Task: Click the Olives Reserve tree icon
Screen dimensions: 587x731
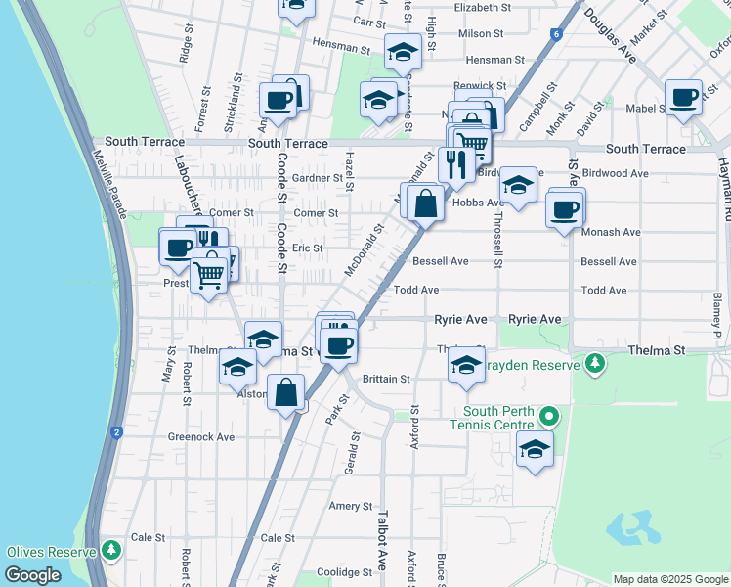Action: [x=111, y=551]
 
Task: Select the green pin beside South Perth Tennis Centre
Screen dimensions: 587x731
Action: [x=549, y=418]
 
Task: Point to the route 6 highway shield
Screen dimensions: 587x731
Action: [x=555, y=34]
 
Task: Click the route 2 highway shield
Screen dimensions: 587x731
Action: [x=116, y=431]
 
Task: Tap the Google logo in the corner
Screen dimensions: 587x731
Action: [x=32, y=575]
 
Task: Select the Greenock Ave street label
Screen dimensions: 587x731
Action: [x=201, y=437]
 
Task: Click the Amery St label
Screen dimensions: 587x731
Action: [x=351, y=506]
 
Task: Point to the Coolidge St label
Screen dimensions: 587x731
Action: [x=339, y=572]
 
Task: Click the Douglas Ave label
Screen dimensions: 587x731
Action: [x=610, y=39]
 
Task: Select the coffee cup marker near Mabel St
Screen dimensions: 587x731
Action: [x=683, y=98]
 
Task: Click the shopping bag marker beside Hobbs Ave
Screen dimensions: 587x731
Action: [x=425, y=204]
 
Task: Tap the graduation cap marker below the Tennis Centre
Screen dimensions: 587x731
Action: [x=534, y=449]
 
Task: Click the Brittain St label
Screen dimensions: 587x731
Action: [x=386, y=379]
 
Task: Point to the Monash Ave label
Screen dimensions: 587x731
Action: [x=610, y=233]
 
